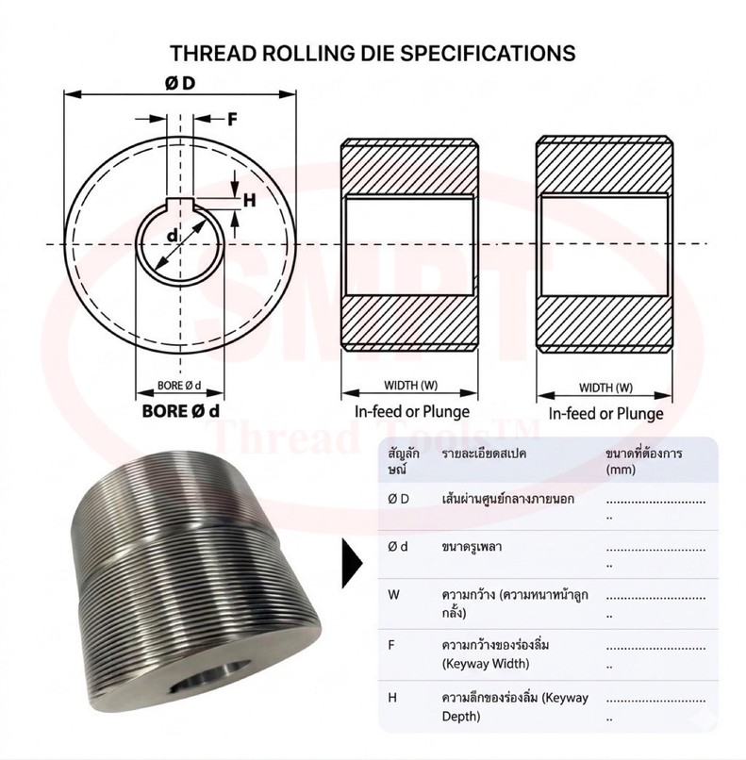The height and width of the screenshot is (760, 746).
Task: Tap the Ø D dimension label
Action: click(180, 83)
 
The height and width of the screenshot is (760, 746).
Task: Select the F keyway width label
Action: click(232, 119)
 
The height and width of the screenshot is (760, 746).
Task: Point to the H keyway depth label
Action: click(249, 200)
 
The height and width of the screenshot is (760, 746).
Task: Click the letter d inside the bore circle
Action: click(172, 236)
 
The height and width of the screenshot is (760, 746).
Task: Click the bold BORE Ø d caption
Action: click(180, 411)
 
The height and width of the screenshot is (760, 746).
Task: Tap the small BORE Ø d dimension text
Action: click(179, 386)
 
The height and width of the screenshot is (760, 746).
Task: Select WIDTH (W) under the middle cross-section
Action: click(410, 386)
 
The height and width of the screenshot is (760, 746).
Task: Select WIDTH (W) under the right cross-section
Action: click(605, 388)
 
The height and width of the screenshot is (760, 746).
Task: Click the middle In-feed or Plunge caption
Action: click(412, 411)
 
